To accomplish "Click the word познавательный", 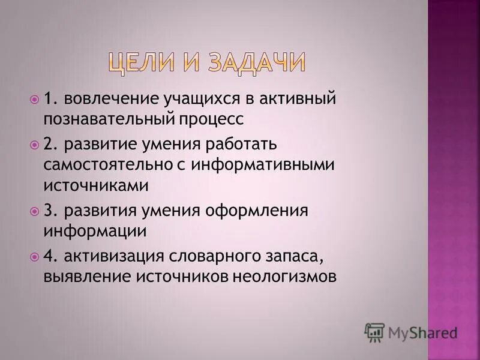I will pyautogui.click(x=108, y=118).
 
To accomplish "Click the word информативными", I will pyautogui.click(x=262, y=165).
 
